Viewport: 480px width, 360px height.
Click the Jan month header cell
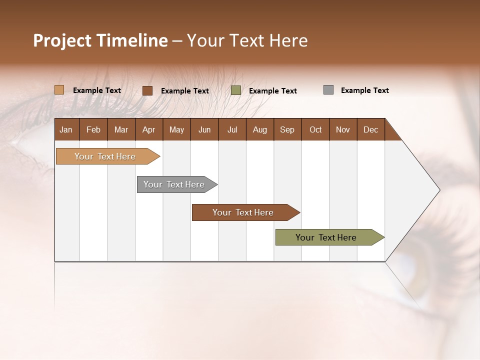pyautogui.click(x=66, y=129)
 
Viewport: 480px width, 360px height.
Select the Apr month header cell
pyautogui.click(x=149, y=129)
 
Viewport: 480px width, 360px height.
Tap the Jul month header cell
pyautogui.click(x=232, y=129)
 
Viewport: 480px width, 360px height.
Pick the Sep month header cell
pyautogui.click(x=287, y=129)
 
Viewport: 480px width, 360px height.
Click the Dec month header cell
pyautogui.click(x=370, y=129)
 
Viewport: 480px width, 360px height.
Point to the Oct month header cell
pyautogui.click(x=315, y=129)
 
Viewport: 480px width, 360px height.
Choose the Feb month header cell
pyautogui.click(x=93, y=129)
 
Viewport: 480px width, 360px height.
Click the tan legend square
pyautogui.click(x=59, y=90)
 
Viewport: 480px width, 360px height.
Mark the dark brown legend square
pyautogui.click(x=147, y=90)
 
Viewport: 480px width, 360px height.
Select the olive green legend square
pyautogui.click(x=236, y=90)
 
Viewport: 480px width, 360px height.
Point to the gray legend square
pyautogui.click(x=328, y=90)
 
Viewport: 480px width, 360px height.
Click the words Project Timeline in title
pyautogui.click(x=100, y=40)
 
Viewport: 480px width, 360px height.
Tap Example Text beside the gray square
pyautogui.click(x=364, y=90)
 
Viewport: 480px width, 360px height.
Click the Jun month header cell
pyautogui.click(x=204, y=129)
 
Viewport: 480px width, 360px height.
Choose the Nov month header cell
pyautogui.click(x=343, y=129)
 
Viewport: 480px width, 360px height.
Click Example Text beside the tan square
pyautogui.click(x=97, y=90)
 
